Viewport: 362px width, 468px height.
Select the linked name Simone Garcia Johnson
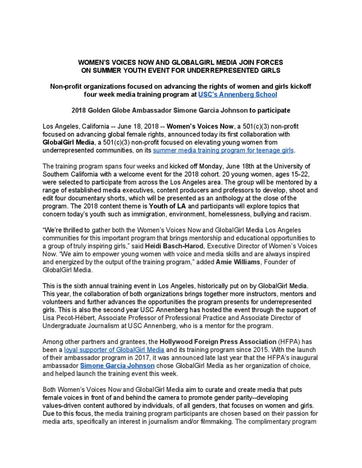118,366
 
